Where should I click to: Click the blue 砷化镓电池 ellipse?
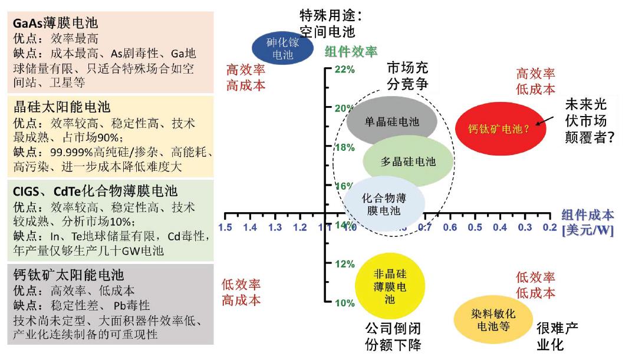(283, 49)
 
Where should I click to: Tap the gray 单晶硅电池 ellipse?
(391, 122)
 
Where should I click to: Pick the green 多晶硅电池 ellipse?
(408, 161)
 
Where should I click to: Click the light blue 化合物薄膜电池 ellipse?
(384, 203)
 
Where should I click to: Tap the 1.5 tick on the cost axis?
(225, 227)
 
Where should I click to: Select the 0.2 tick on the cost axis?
(549, 227)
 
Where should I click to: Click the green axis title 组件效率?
(351, 52)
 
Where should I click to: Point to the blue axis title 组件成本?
(588, 215)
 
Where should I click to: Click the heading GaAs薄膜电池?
(55, 24)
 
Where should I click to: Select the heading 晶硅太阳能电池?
(62, 107)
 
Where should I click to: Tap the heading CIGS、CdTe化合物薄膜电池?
(95, 191)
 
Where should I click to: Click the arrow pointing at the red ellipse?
(547, 120)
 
